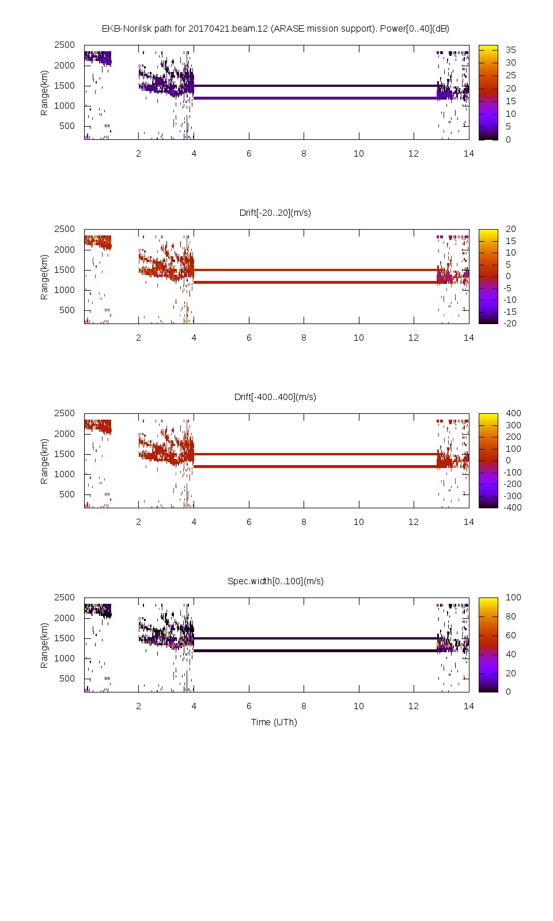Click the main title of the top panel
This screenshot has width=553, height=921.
pyautogui.click(x=275, y=28)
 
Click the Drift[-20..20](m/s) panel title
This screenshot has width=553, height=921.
pyautogui.click(x=275, y=212)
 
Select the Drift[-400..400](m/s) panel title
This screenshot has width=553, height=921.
pyautogui.click(x=275, y=397)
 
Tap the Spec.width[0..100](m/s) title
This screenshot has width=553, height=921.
pyautogui.click(x=275, y=581)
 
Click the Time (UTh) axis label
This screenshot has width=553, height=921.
pyautogui.click(x=274, y=722)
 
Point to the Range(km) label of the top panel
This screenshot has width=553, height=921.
pyautogui.click(x=44, y=93)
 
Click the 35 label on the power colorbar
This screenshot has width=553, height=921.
pyautogui.click(x=510, y=50)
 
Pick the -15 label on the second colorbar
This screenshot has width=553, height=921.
pyautogui.click(x=510, y=311)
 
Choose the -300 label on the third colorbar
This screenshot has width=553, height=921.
pyautogui.click(x=512, y=496)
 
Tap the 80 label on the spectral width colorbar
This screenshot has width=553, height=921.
pyautogui.click(x=510, y=616)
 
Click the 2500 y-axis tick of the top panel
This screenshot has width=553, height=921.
pyautogui.click(x=65, y=45)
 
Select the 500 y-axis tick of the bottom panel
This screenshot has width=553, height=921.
pyautogui.click(x=67, y=678)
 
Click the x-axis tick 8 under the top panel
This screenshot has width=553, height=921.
pyautogui.click(x=304, y=153)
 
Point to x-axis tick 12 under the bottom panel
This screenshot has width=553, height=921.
pyautogui.click(x=414, y=706)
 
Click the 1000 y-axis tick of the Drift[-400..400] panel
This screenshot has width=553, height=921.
pyautogui.click(x=65, y=474)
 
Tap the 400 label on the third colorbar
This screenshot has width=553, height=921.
pyautogui.click(x=513, y=413)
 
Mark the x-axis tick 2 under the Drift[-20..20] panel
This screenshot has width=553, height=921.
pyautogui.click(x=139, y=337)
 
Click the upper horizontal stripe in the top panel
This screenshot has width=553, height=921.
pyautogui.click(x=316, y=86)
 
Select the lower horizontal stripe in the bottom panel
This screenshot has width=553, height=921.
pyautogui.click(x=316, y=650)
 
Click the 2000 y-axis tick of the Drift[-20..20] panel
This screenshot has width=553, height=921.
pyautogui.click(x=65, y=249)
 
